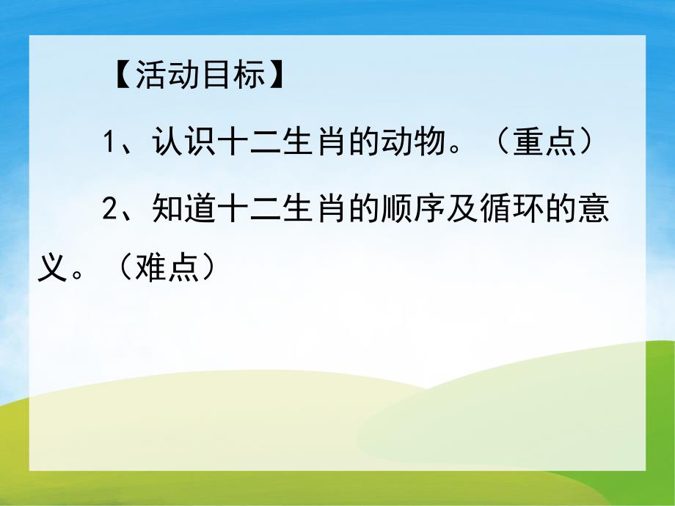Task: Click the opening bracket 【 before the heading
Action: pyautogui.click(x=123, y=76)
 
